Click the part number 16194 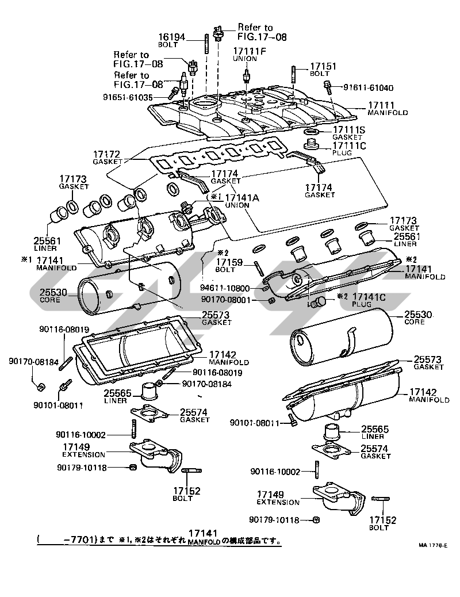coord(172,37)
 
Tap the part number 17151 coord(323,67)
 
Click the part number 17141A coord(241,197)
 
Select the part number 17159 coord(231,262)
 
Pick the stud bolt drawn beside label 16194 coord(205,45)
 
